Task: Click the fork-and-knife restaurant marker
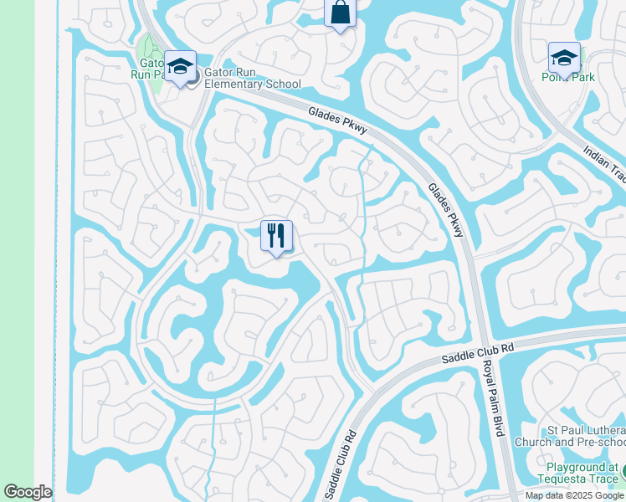(x=276, y=235)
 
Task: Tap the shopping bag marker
(x=340, y=13)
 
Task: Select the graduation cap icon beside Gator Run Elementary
(x=180, y=66)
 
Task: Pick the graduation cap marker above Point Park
(x=564, y=58)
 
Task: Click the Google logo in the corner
(x=28, y=492)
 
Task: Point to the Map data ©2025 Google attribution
(x=574, y=495)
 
